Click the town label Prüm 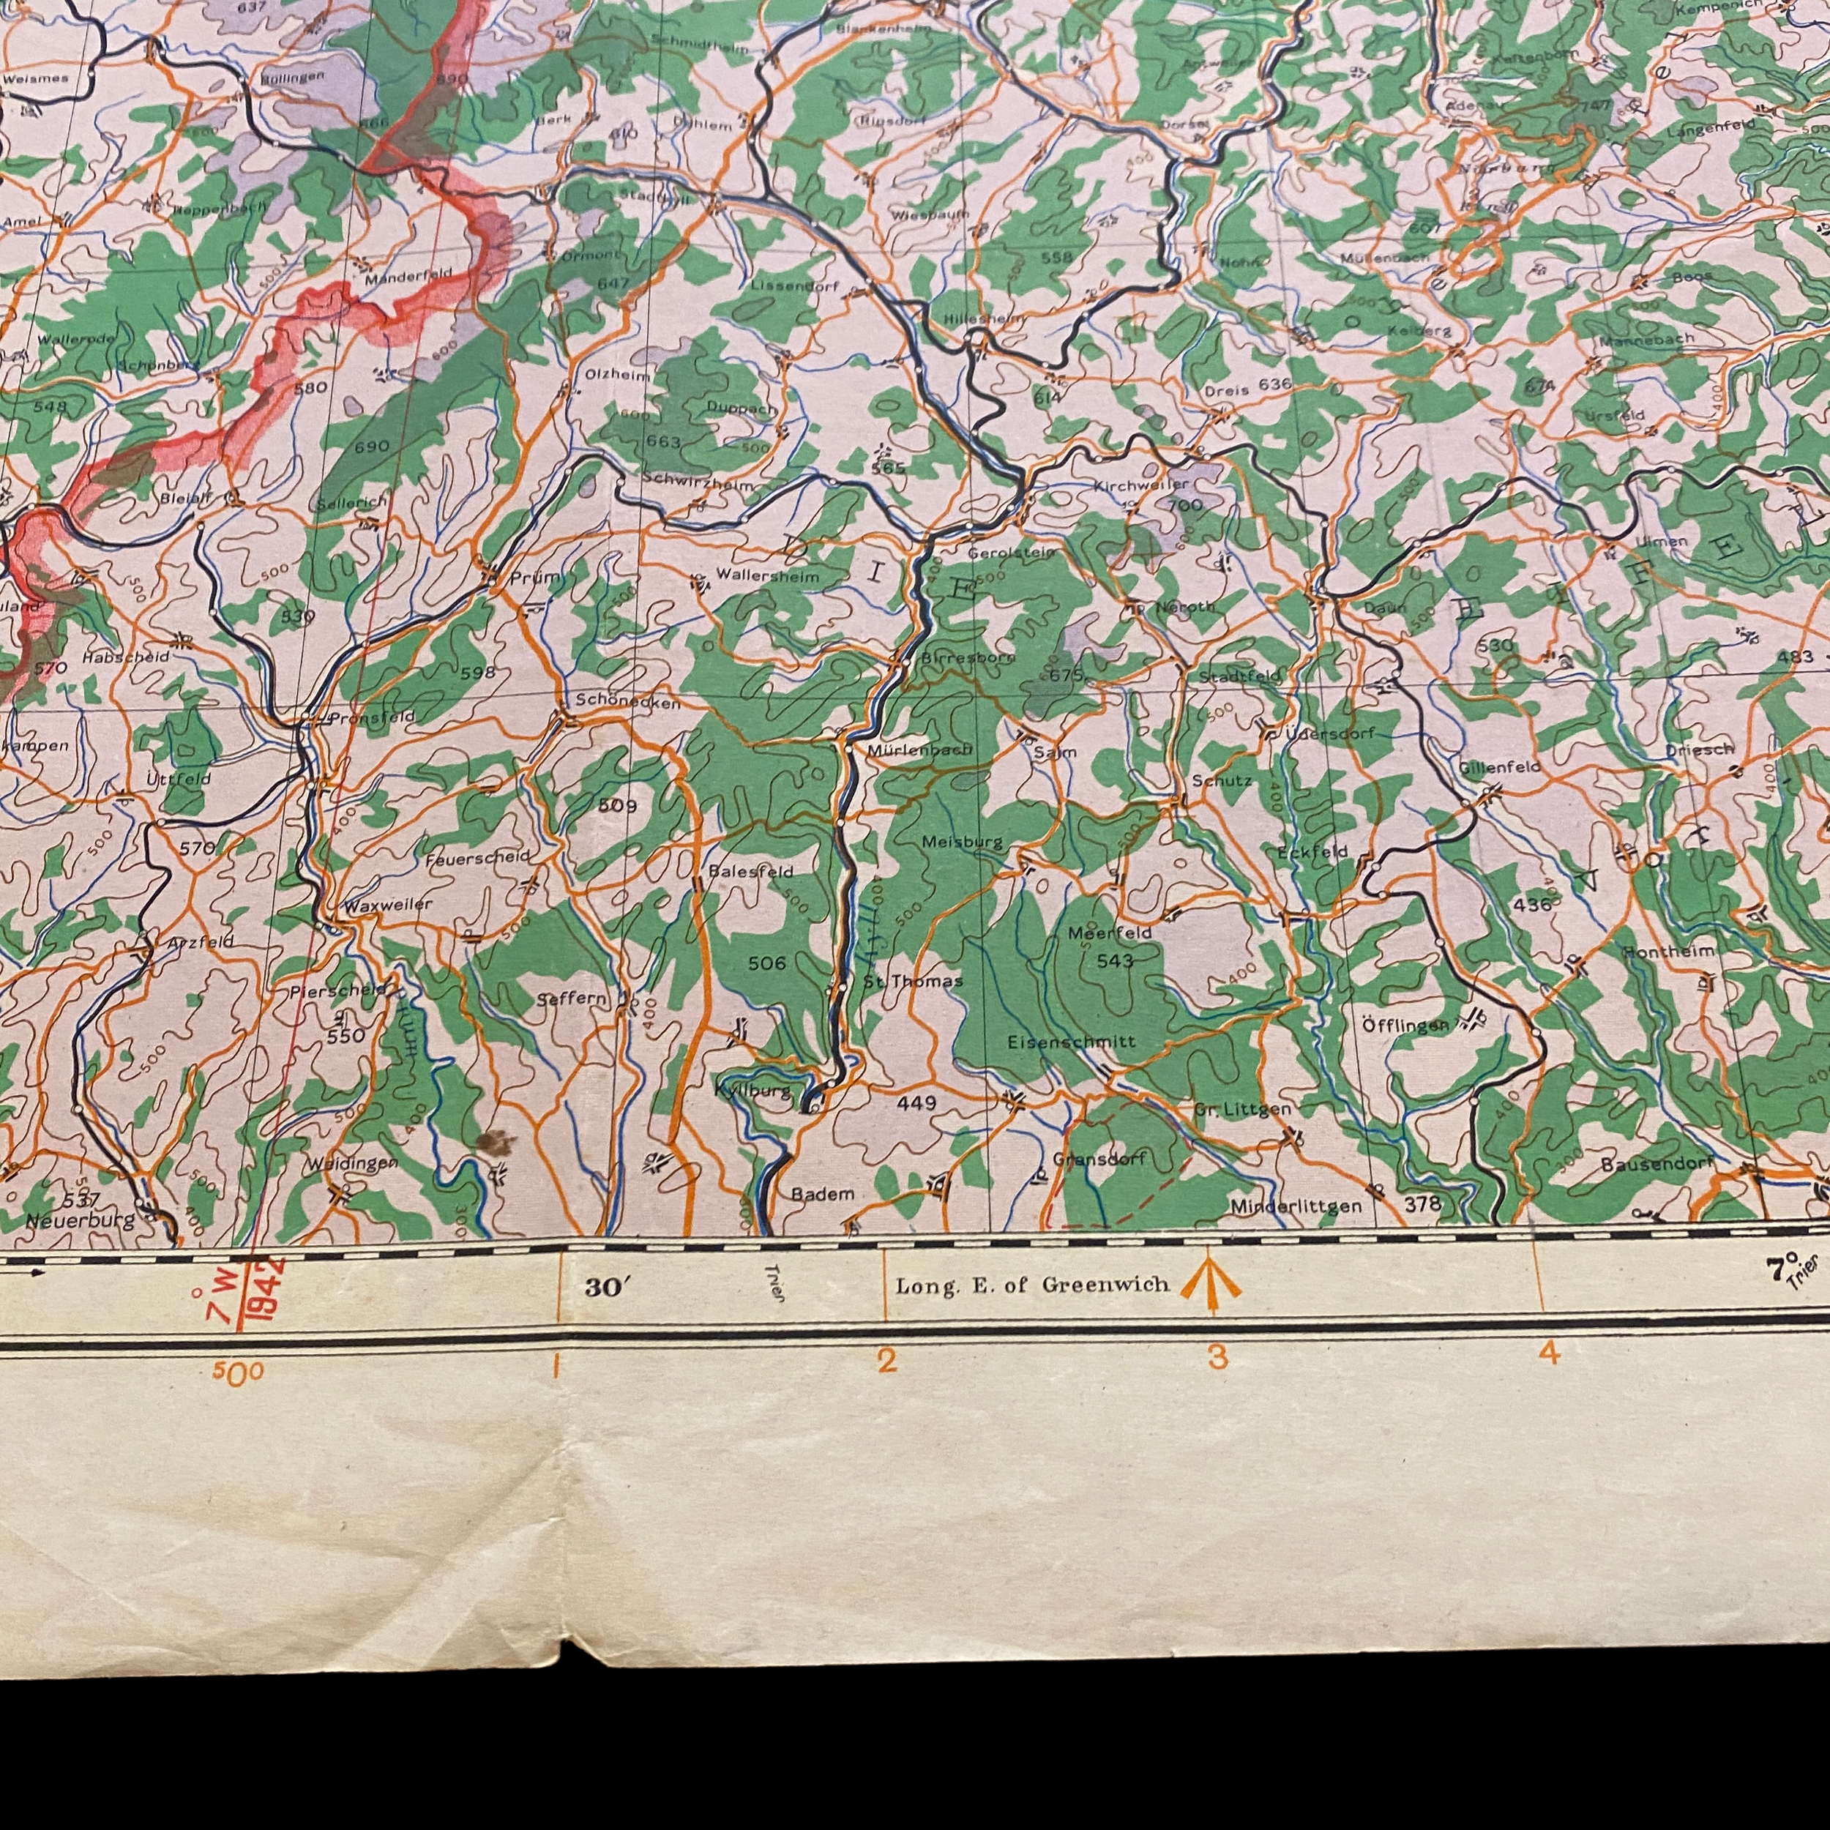(x=534, y=577)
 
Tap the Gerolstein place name (x=1011, y=551)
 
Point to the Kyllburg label (x=752, y=1091)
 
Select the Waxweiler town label (x=387, y=905)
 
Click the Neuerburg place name (x=81, y=1221)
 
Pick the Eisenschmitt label (x=1072, y=1041)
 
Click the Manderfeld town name (x=409, y=277)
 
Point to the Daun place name (x=1385, y=608)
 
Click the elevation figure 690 (x=371, y=446)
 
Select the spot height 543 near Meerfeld (x=1114, y=960)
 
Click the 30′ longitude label (x=606, y=1288)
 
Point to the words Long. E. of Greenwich (x=1031, y=1285)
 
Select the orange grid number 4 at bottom (x=1549, y=1354)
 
